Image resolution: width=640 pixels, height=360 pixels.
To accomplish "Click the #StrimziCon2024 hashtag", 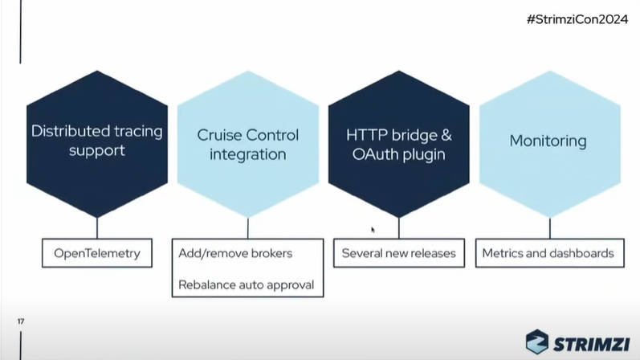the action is pos(577,19).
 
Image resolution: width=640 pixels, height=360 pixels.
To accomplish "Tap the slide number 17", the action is pos(21,321).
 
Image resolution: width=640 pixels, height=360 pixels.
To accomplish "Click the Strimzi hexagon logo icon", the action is pos(536,342).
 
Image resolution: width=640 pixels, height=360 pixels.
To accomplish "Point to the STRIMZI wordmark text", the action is pos(592,344).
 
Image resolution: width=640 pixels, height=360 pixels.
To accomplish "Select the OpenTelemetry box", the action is pos(97,253).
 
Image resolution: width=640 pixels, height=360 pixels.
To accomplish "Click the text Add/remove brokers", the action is pos(235,253).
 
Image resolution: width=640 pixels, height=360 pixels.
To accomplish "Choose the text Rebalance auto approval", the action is pos(246,284).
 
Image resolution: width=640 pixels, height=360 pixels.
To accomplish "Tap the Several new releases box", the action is pos(399,253).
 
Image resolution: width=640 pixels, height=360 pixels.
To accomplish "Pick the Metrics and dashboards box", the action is pos(550,253).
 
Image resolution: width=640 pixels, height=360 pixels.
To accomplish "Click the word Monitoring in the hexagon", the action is pos(548,141).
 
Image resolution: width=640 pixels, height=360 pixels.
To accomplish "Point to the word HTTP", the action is pos(367,135).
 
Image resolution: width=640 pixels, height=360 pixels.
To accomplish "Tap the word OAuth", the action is pos(375,154).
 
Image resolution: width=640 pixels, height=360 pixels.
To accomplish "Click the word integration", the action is pos(248,154).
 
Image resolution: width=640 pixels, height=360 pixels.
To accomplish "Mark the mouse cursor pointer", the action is pos(373,230).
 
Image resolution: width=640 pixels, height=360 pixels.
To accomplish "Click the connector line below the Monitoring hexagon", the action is pos(550,228).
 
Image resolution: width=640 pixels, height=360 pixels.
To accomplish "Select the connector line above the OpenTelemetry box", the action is pos(97,228).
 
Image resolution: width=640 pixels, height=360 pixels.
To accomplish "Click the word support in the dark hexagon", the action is pos(96,151).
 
